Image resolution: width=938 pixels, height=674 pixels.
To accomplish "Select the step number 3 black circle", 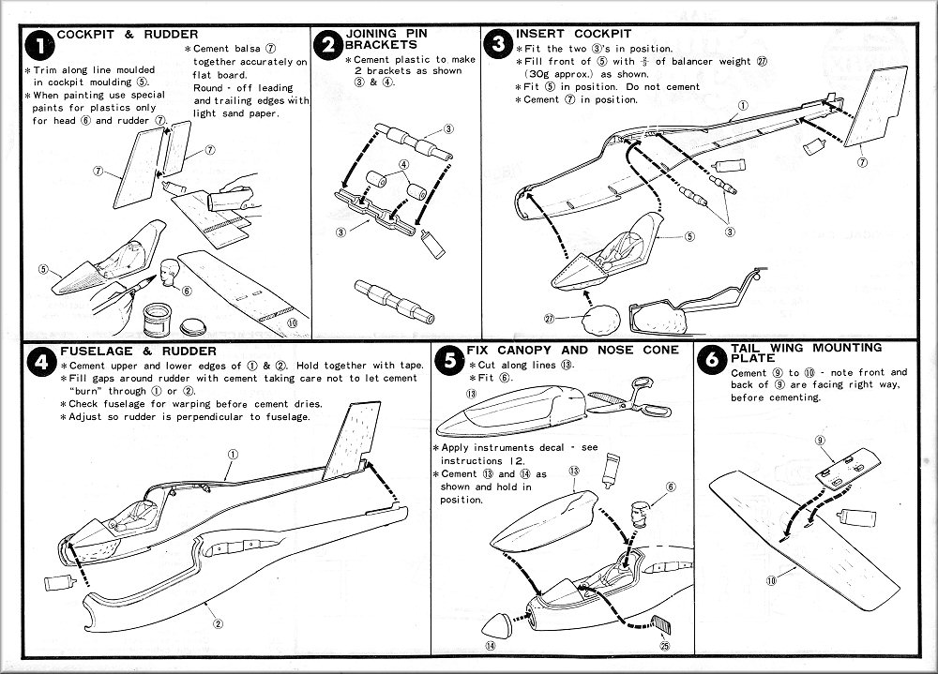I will coord(498,44).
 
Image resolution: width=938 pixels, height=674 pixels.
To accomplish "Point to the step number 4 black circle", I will coord(38,362).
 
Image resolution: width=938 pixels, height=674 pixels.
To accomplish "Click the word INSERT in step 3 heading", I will coord(540,34).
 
